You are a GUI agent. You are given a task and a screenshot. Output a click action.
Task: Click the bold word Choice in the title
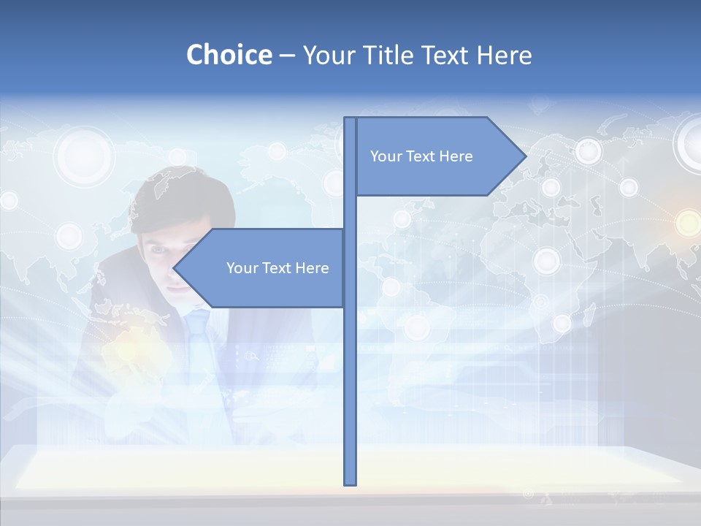tap(229, 55)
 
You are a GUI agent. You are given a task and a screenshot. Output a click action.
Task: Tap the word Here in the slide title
tap(504, 55)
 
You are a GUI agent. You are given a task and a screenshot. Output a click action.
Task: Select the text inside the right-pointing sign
tap(421, 156)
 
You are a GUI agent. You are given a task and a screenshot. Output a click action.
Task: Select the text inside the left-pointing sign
tap(277, 268)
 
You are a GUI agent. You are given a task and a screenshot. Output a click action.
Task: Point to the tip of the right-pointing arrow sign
tap(525, 156)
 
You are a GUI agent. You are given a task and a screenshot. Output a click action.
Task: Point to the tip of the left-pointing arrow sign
tap(175, 268)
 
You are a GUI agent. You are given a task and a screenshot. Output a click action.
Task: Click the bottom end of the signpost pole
tap(350, 482)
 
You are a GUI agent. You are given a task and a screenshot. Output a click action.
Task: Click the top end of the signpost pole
tap(350, 120)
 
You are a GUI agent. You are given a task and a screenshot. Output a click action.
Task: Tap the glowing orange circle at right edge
tap(688, 223)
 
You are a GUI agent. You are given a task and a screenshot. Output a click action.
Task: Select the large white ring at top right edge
tap(690, 142)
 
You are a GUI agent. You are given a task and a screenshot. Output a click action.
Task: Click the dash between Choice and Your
tap(287, 56)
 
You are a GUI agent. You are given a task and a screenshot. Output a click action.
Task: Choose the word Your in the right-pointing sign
tap(385, 156)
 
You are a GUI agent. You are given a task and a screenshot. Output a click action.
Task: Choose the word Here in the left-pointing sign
tap(312, 268)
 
